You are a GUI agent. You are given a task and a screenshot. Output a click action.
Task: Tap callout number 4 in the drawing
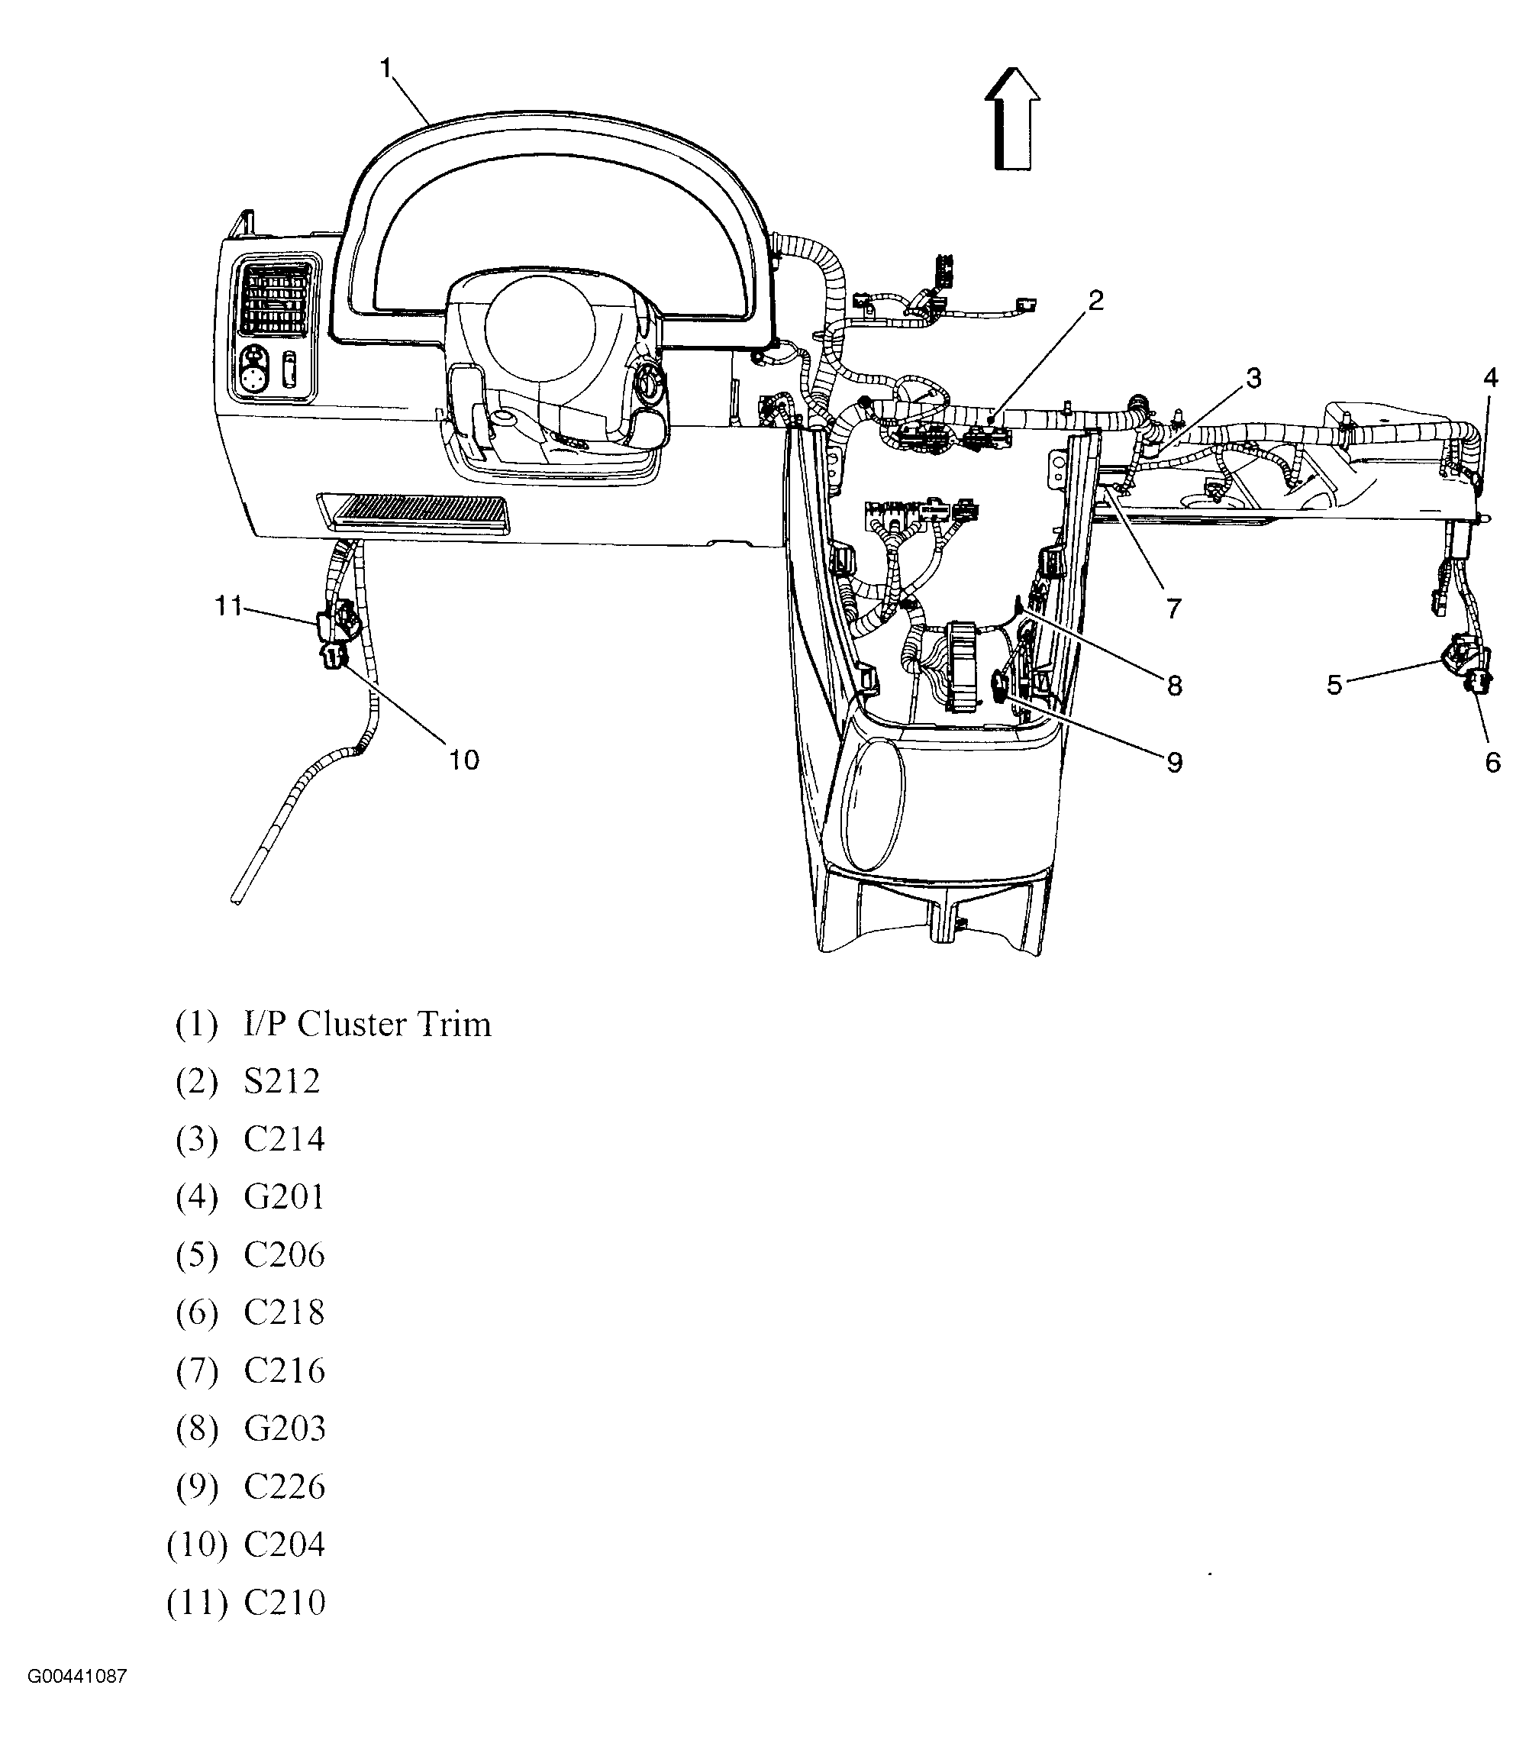pos(1490,377)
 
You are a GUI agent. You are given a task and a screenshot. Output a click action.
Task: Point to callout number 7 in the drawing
pos(1173,608)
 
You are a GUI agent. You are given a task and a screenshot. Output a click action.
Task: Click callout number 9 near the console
pos(1174,762)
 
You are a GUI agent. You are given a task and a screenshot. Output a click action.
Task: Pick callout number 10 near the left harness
pos(464,760)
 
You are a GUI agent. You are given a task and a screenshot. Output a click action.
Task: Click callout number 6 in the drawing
pos(1492,762)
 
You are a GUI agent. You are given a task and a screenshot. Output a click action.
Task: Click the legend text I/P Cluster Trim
pos(367,1024)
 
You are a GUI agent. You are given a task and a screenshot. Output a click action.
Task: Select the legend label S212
pos(282,1082)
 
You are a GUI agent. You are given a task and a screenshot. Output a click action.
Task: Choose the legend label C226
pos(284,1487)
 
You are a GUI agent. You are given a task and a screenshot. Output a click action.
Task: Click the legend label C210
pos(284,1603)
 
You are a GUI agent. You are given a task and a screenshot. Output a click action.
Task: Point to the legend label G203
pos(284,1429)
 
